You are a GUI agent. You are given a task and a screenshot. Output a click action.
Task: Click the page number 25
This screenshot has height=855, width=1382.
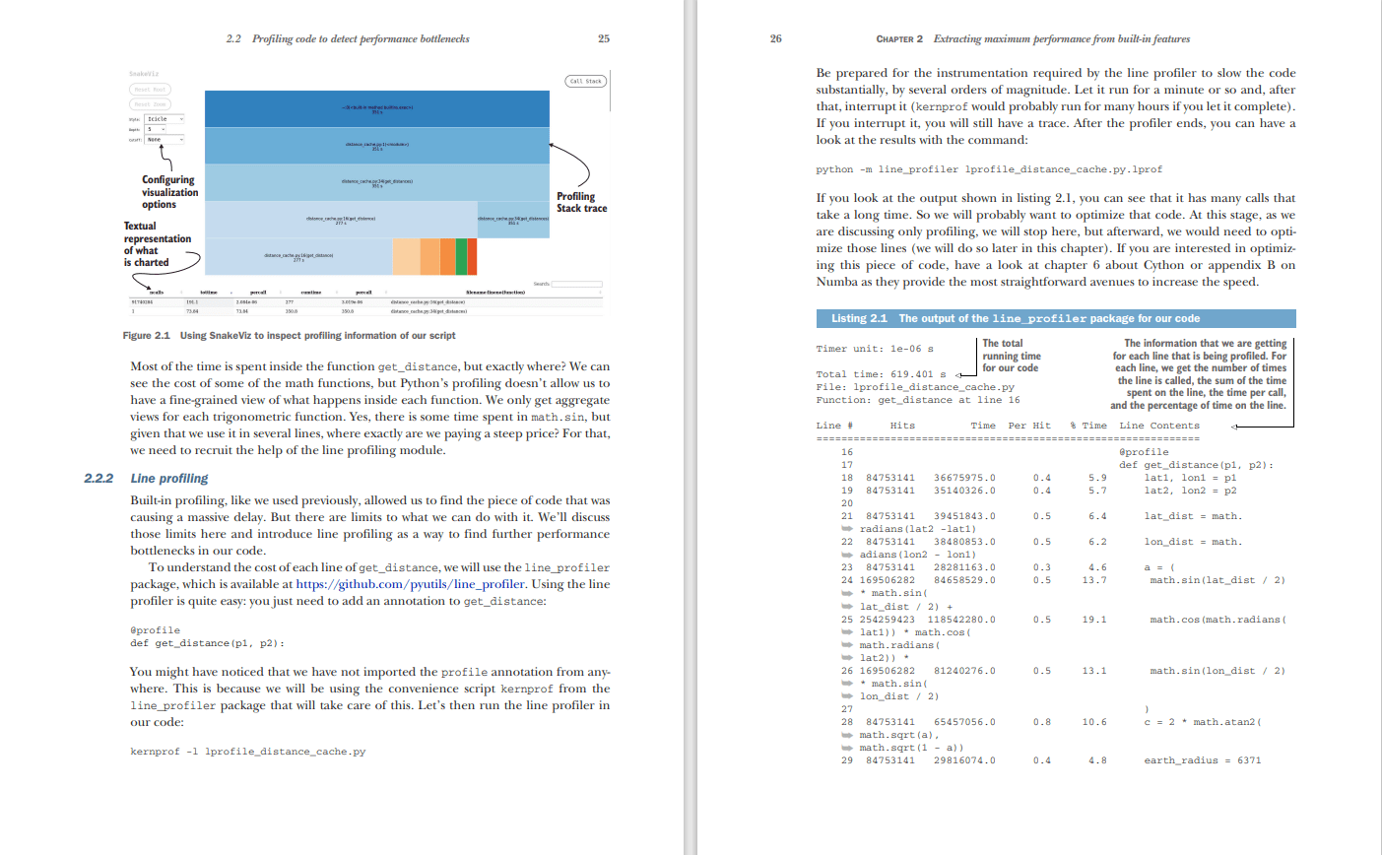coord(604,38)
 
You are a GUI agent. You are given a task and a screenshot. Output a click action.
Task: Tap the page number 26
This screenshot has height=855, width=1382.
coord(776,38)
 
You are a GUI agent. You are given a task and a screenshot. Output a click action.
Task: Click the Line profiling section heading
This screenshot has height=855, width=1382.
coord(169,478)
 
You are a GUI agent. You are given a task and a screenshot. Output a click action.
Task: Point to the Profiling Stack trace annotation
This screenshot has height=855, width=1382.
coord(581,202)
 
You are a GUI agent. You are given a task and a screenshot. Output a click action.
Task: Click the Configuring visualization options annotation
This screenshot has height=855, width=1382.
coord(169,192)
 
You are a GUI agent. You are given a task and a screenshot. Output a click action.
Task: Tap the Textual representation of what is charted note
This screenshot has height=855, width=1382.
coord(157,244)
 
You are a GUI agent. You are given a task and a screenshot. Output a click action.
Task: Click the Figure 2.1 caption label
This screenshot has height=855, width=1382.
coord(147,336)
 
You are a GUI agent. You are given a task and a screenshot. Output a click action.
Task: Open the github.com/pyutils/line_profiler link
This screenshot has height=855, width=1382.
coord(411,584)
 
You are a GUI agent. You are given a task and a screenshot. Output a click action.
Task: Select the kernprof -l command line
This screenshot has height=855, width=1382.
coord(247,752)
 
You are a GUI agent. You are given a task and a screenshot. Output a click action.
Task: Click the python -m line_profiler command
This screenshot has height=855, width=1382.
coord(989,169)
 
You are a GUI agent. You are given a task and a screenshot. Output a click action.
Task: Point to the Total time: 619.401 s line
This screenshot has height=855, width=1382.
coord(881,374)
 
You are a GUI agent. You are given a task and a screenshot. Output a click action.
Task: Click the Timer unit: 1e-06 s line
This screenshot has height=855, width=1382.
coord(875,349)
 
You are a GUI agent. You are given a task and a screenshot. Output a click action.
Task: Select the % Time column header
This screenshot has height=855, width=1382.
coord(1088,426)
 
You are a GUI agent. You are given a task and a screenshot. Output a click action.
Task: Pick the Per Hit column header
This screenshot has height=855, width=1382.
coord(1029,426)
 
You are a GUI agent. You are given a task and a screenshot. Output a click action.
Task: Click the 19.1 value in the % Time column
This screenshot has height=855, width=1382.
coord(1093,620)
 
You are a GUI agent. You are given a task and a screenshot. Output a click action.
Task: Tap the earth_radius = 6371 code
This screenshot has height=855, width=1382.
coord(1202,760)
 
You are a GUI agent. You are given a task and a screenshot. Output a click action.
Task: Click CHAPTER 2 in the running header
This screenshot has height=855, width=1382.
coord(899,39)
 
